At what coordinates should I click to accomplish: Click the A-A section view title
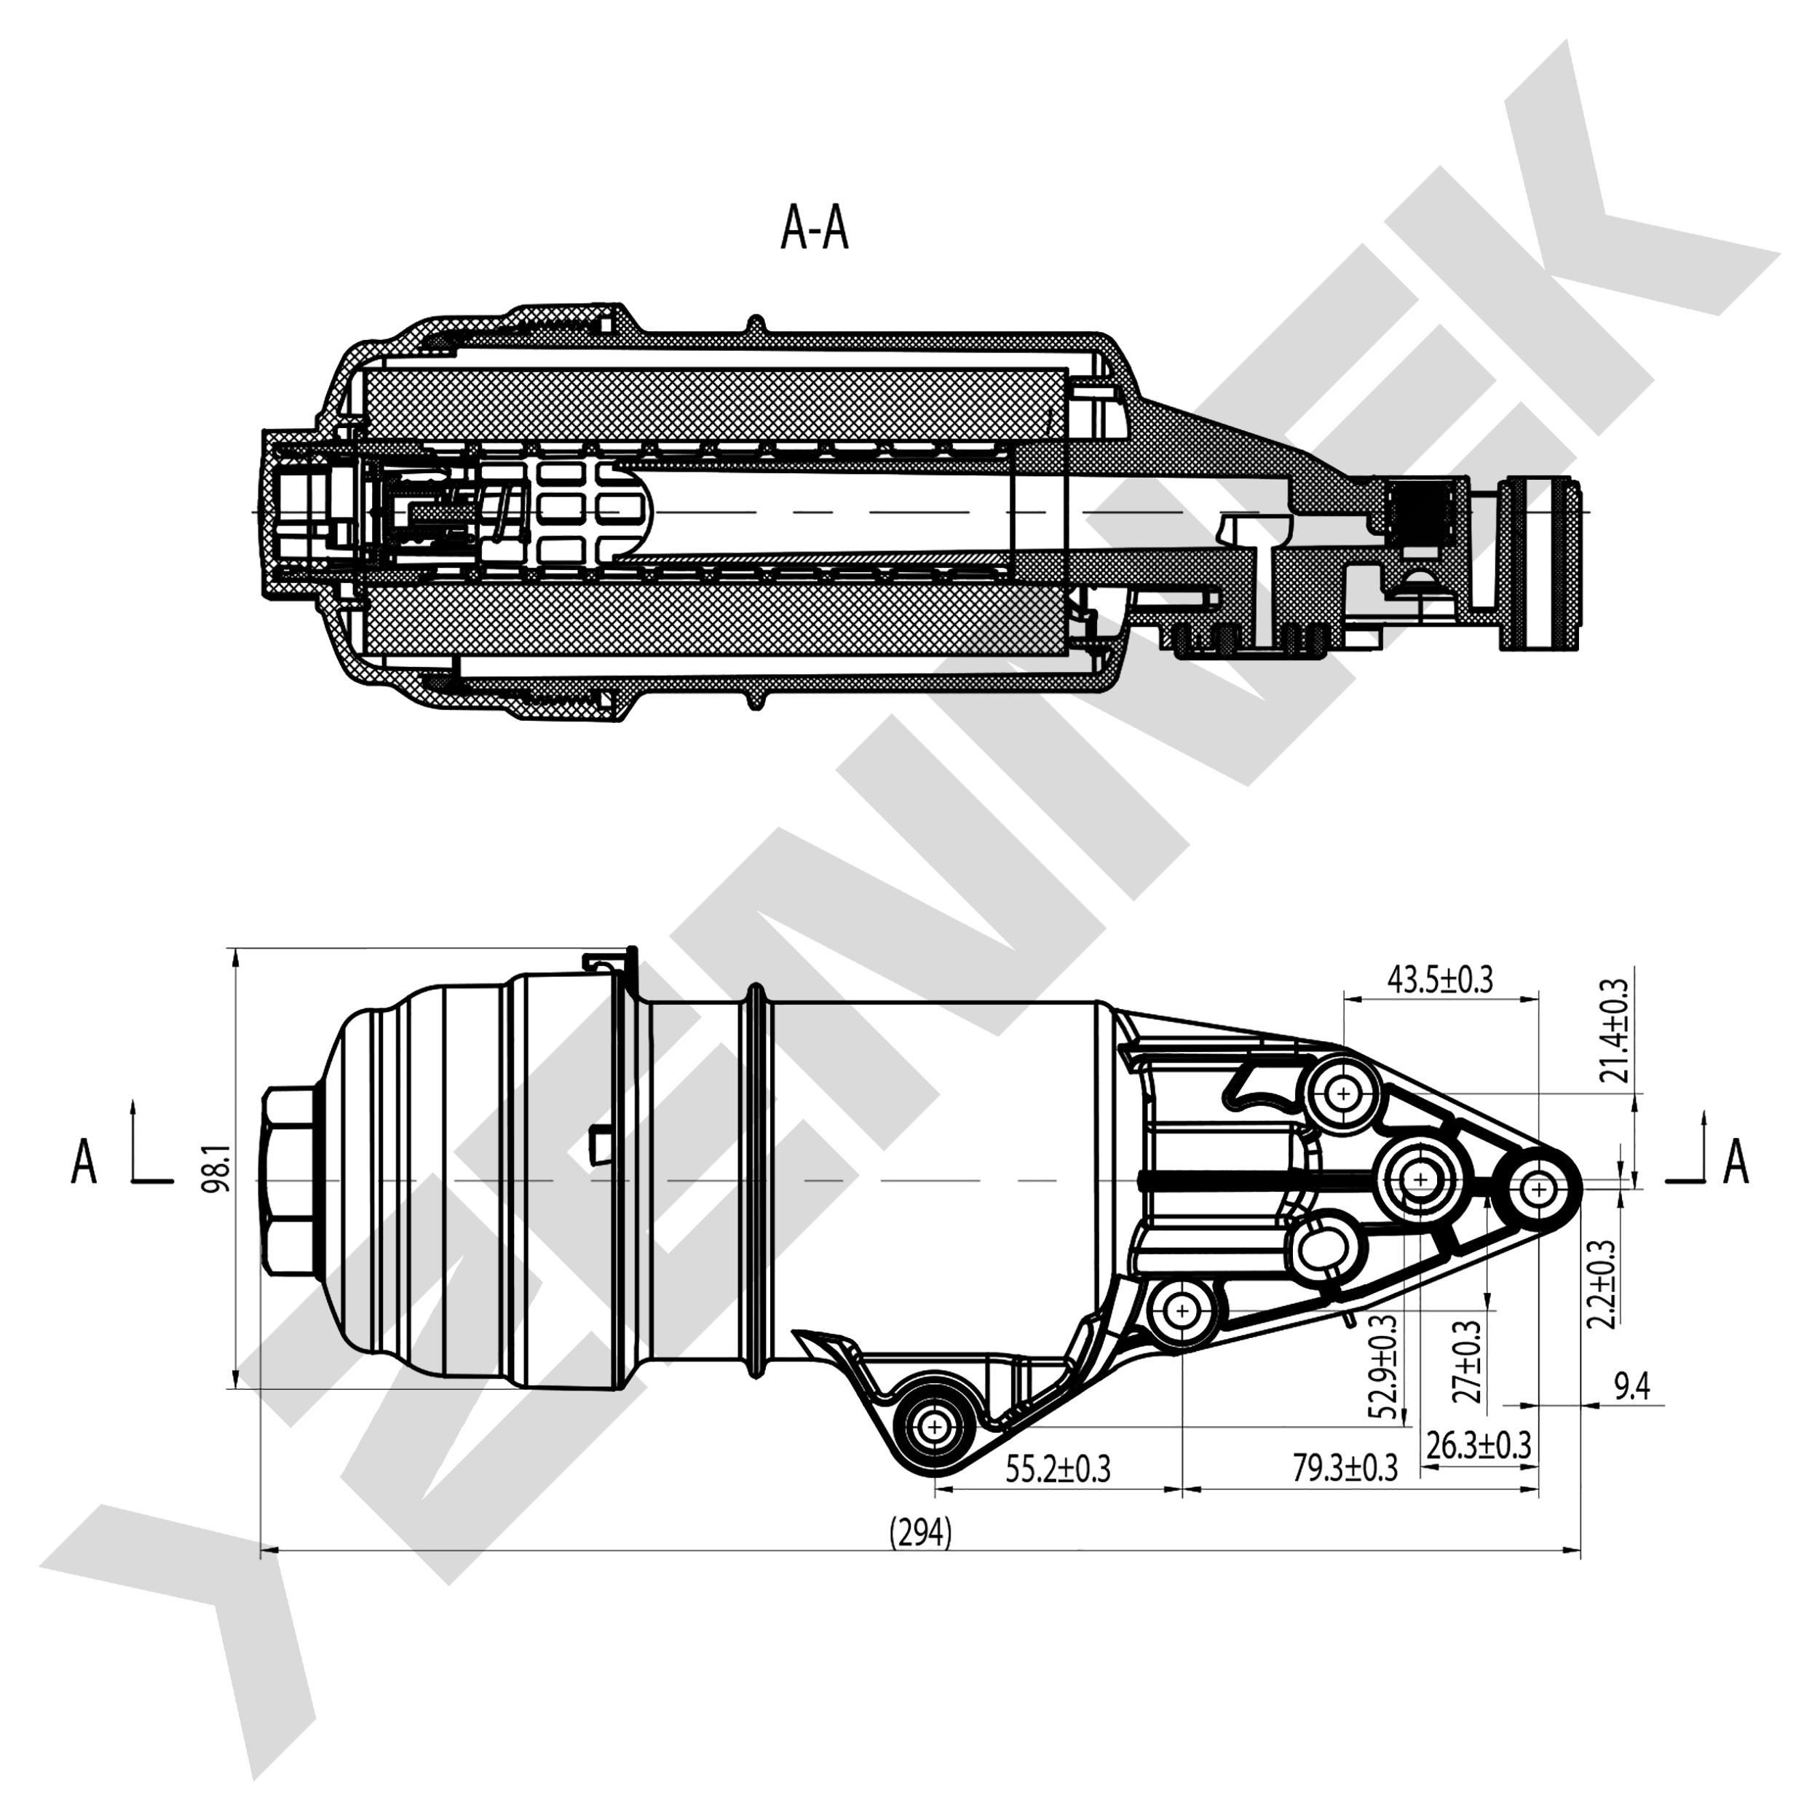[x=814, y=229]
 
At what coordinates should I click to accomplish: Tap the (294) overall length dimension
[x=920, y=1534]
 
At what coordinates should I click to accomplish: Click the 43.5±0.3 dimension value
[x=1439, y=980]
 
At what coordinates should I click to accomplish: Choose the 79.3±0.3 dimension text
[x=1345, y=1468]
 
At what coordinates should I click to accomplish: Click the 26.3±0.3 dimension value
[x=1478, y=1445]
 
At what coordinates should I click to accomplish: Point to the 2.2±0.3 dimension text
[x=1602, y=1283]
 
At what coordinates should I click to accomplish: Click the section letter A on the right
[x=1736, y=1161]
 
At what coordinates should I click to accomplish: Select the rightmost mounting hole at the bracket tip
[x=1538, y=1190]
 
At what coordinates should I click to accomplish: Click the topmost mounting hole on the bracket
[x=1343, y=1093]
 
